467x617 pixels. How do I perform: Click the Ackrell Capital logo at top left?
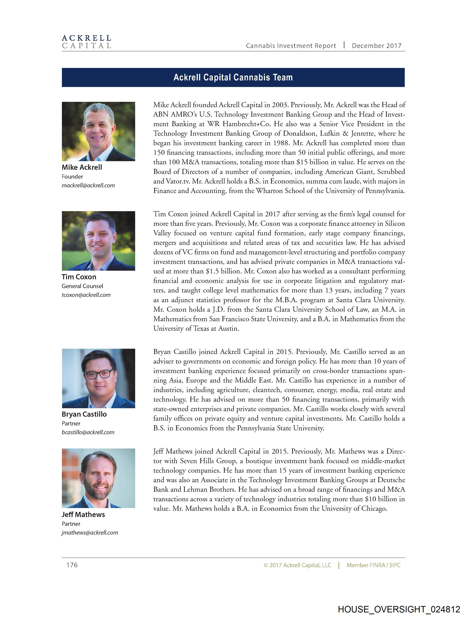pos(86,42)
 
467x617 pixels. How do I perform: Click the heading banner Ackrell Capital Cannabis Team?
pos(233,77)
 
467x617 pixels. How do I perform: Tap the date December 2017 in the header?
pos(376,46)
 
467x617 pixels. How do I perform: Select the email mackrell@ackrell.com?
pos(88,186)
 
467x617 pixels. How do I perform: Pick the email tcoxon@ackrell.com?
pos(86,295)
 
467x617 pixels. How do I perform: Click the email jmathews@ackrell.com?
pos(90,533)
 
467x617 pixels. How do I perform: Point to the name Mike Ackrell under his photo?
pos(82,167)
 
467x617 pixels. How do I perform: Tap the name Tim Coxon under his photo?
pos(79,277)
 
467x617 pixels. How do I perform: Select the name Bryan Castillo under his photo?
pos(84,414)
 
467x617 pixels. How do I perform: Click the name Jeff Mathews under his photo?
pos(83,515)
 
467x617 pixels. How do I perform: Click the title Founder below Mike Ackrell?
pos(72,177)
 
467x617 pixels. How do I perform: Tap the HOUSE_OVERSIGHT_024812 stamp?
pos(399,609)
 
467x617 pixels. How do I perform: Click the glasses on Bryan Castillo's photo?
pos(99,374)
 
